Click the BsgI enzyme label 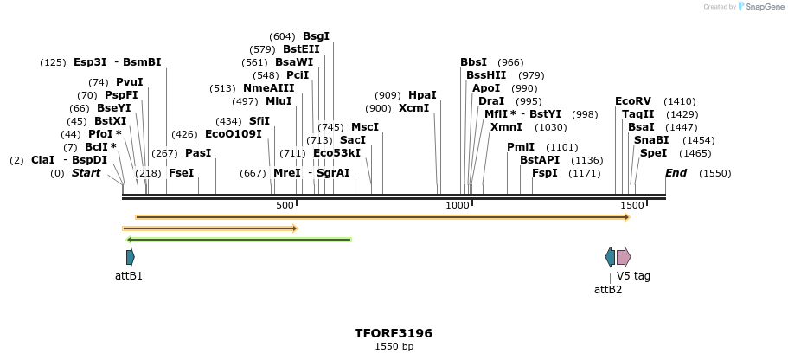(316, 36)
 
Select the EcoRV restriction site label (632, 101)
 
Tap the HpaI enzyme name (422, 95)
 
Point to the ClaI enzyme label (42, 160)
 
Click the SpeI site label (653, 153)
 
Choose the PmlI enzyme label (521, 147)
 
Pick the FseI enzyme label (181, 173)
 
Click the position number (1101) (561, 147)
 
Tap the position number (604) (283, 36)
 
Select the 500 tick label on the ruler (285, 205)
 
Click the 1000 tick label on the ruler (457, 205)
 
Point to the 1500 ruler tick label (632, 205)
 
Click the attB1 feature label (129, 276)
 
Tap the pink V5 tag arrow (624, 257)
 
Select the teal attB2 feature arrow (610, 257)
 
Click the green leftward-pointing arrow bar (238, 240)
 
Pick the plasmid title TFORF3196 (394, 333)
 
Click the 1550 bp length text (394, 347)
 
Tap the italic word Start (86, 173)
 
